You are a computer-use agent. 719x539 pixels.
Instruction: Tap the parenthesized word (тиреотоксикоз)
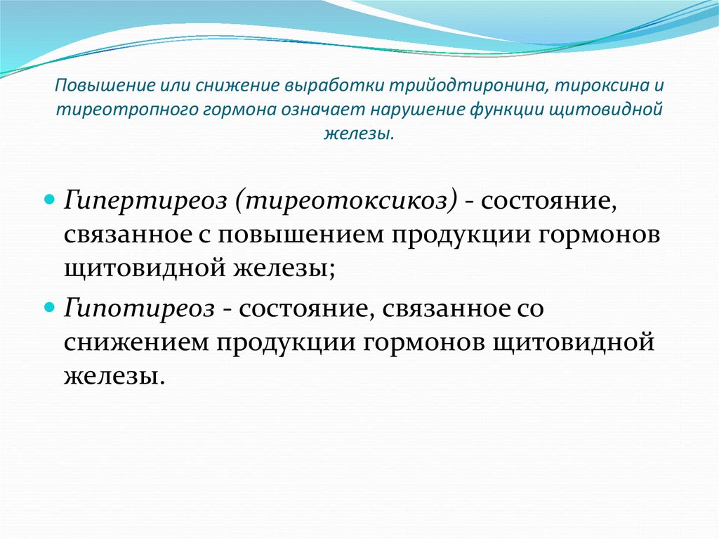[x=346, y=202]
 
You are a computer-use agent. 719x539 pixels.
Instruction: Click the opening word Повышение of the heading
[x=100, y=86]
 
